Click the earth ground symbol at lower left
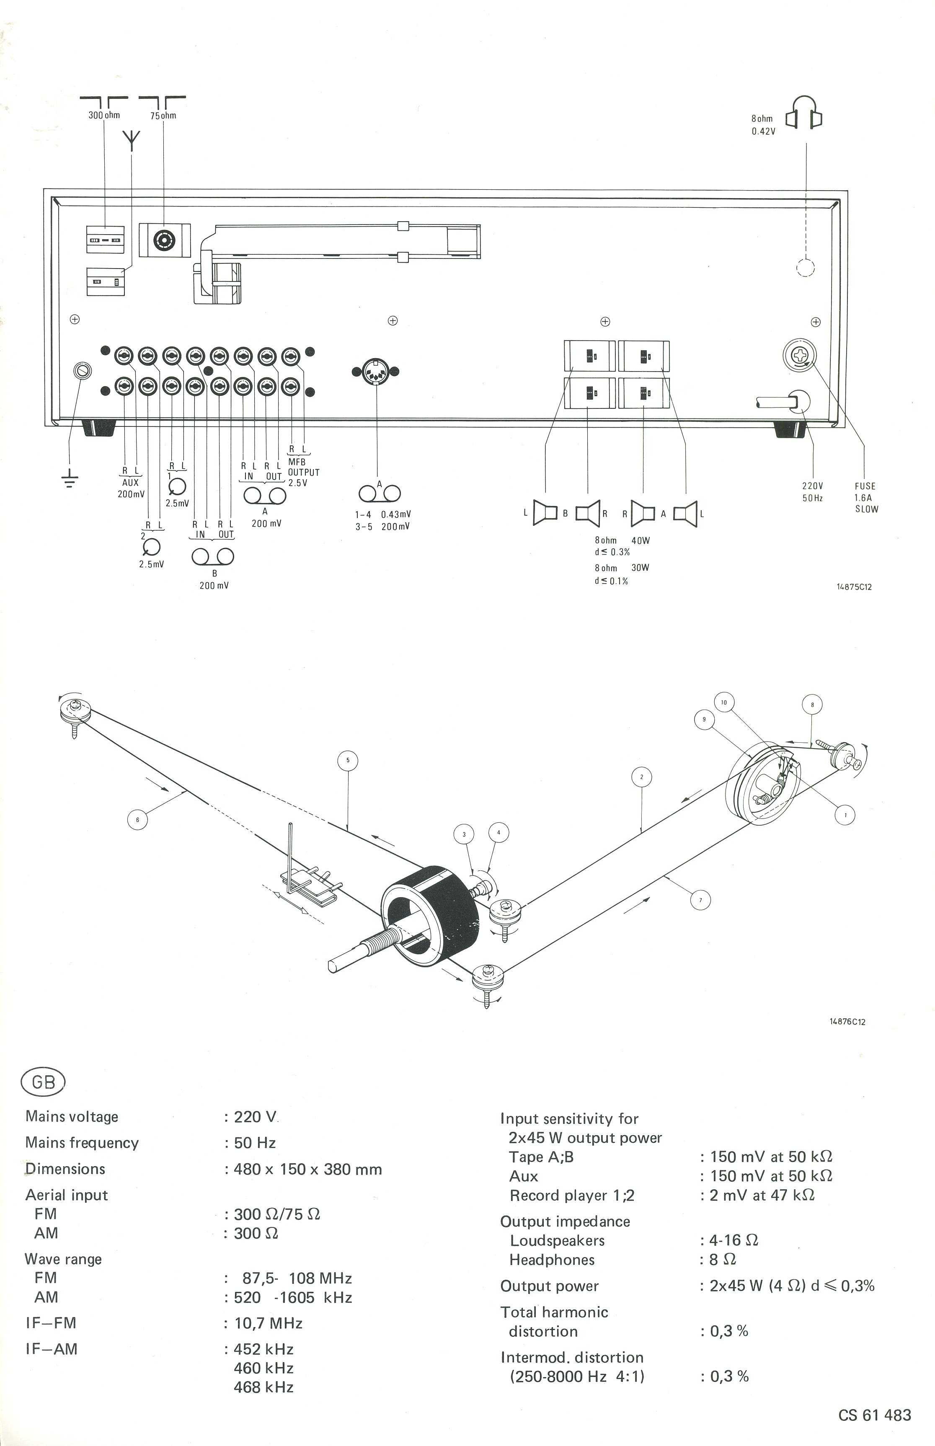[x=70, y=480]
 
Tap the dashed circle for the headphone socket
[x=805, y=267]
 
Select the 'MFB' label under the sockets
[x=297, y=462]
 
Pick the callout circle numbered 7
[x=701, y=900]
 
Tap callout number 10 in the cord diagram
[x=724, y=702]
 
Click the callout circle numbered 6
[x=137, y=819]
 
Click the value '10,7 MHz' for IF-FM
[x=269, y=1323]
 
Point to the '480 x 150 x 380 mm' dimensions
[x=308, y=1169]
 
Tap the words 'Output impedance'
[x=565, y=1222]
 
